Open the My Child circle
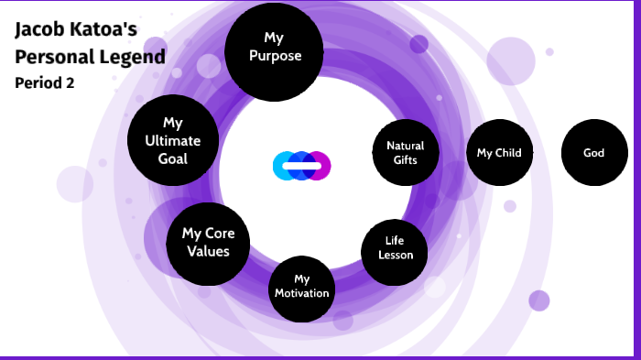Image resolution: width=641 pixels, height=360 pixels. click(x=499, y=153)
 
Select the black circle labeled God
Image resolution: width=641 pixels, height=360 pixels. click(x=593, y=153)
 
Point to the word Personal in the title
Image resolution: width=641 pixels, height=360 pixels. click(x=51, y=57)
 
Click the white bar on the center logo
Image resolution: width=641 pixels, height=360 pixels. click(x=301, y=166)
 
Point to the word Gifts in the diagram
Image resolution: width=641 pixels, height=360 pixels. click(x=405, y=159)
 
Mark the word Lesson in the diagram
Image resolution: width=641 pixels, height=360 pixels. click(x=396, y=255)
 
